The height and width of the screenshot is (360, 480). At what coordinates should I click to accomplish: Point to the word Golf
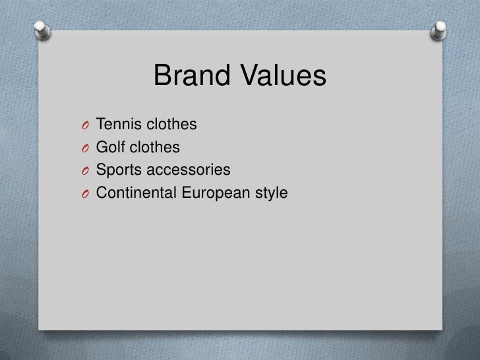coord(110,147)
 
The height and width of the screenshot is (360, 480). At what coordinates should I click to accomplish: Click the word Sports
coord(119,170)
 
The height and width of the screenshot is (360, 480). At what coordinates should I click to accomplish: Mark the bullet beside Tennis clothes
coord(86,125)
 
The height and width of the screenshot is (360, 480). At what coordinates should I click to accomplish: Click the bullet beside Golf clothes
coord(86,148)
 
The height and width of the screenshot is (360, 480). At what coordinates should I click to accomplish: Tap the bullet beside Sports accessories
coord(86,171)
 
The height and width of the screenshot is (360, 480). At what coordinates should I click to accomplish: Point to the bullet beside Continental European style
coord(86,194)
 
